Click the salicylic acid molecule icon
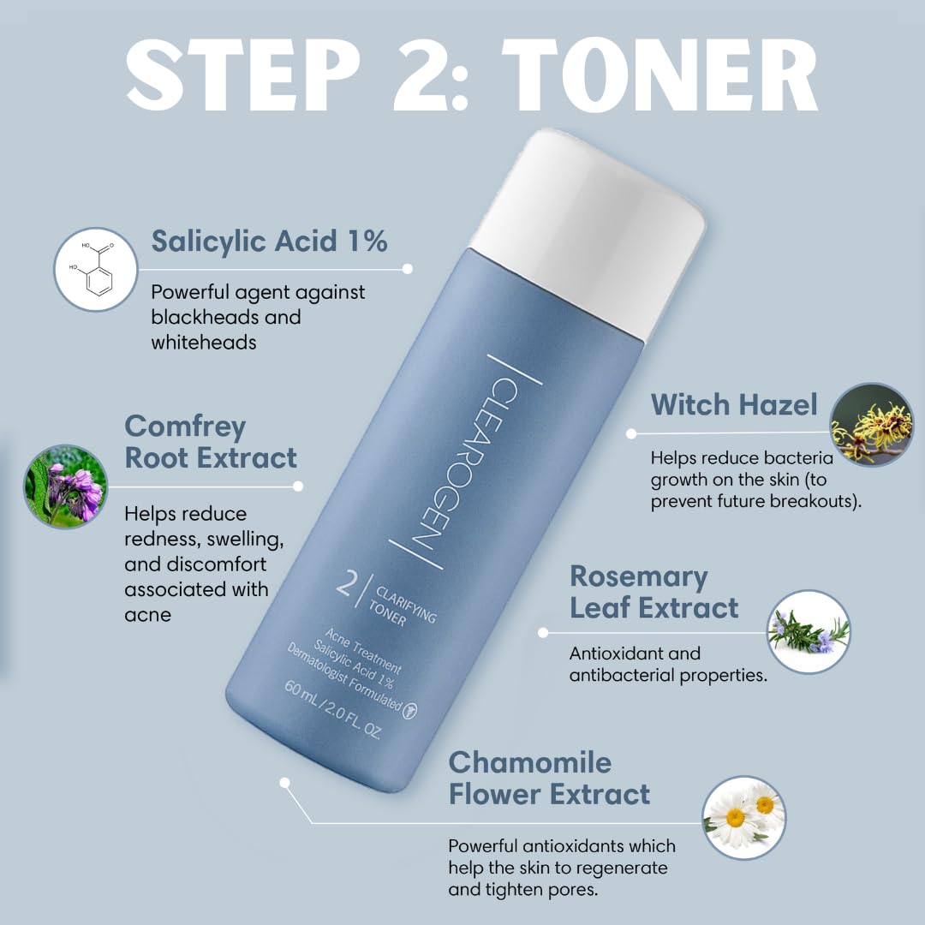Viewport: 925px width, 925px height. pyautogui.click(x=96, y=269)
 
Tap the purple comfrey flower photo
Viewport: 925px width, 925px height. pyautogui.click(x=65, y=486)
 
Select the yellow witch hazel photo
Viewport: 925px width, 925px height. pyautogui.click(x=871, y=425)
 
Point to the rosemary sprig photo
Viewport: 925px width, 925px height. pyautogui.click(x=809, y=632)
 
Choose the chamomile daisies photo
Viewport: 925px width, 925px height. pyautogui.click(x=744, y=818)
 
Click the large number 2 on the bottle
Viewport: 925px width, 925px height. pyautogui.click(x=346, y=582)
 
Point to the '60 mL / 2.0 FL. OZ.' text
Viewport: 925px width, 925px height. pyautogui.click(x=333, y=710)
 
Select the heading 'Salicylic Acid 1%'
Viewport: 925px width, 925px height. pyautogui.click(x=269, y=242)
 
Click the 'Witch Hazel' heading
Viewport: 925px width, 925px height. pyautogui.click(x=734, y=404)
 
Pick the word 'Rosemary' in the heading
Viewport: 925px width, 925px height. pyautogui.click(x=638, y=577)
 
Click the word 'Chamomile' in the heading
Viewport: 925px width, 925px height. pyautogui.click(x=530, y=763)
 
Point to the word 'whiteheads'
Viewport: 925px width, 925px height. pyautogui.click(x=204, y=342)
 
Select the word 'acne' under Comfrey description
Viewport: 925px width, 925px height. pyautogui.click(x=147, y=615)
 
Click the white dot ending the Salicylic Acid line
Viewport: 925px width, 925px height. pyautogui.click(x=407, y=269)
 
